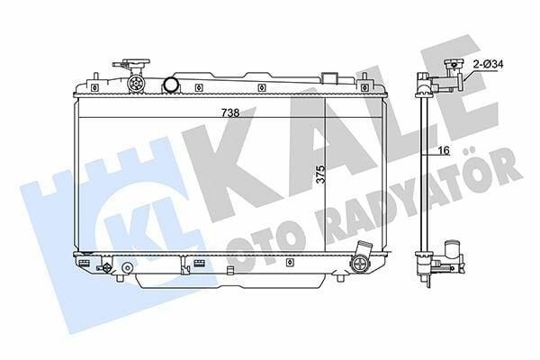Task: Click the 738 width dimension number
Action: (x=230, y=112)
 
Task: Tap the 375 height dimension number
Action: (x=320, y=175)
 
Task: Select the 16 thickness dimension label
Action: (x=444, y=150)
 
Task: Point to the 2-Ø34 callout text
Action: (x=489, y=64)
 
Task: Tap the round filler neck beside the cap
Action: (x=171, y=85)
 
